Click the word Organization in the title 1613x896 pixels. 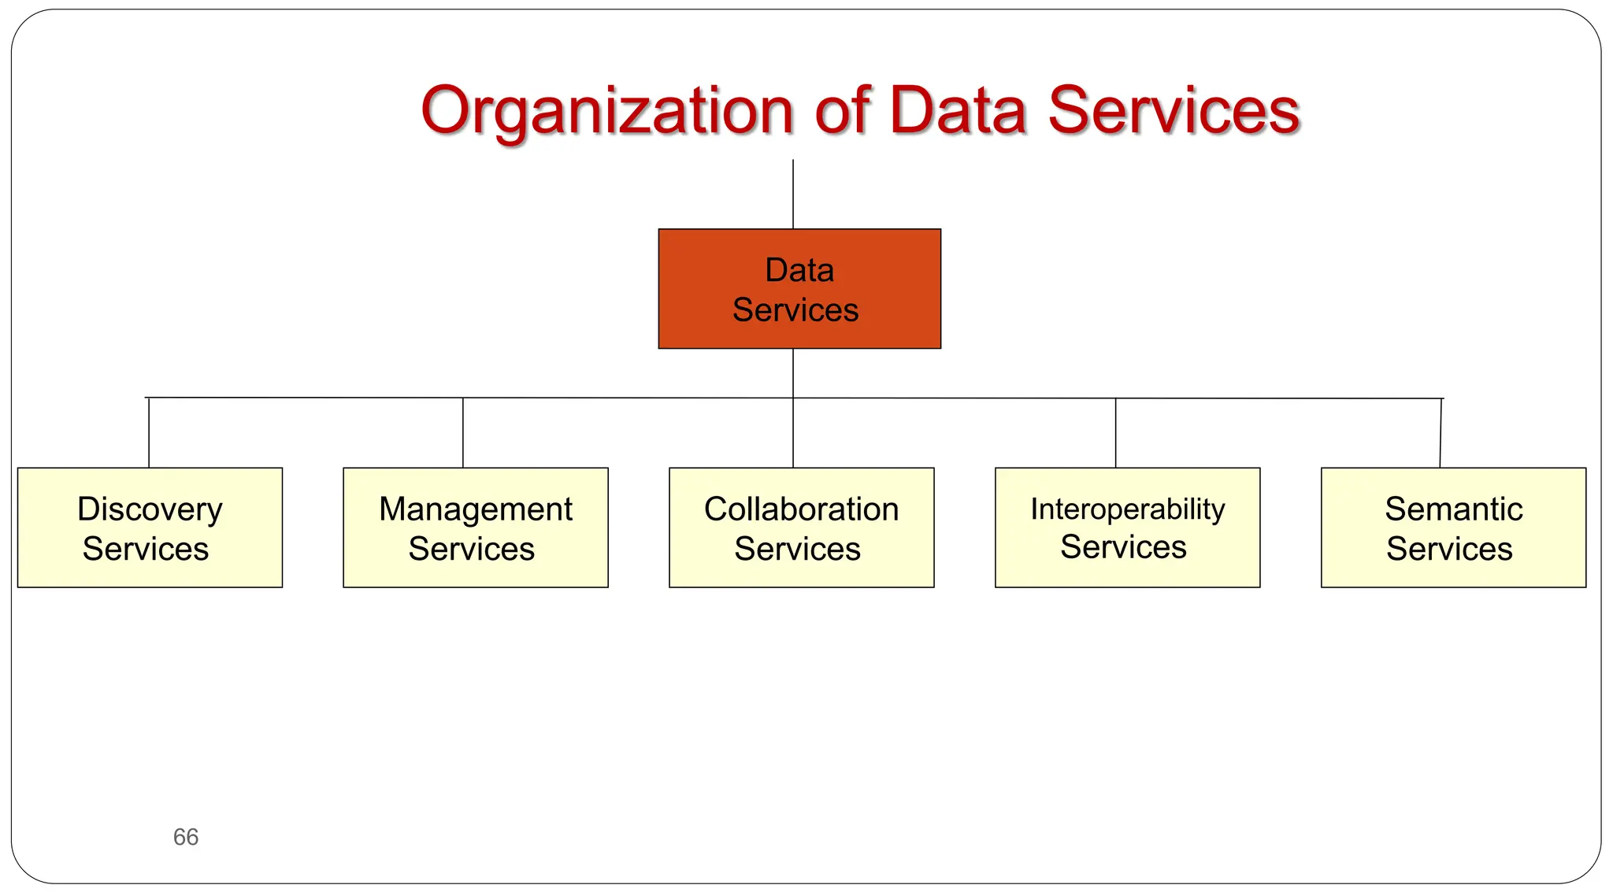(606, 111)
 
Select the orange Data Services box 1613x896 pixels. (799, 289)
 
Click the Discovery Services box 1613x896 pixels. (150, 528)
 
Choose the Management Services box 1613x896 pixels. (476, 528)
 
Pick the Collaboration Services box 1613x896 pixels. (801, 528)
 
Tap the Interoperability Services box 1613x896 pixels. (1127, 528)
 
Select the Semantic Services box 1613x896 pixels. (1453, 528)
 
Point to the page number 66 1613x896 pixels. (186, 836)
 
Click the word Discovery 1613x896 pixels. (150, 509)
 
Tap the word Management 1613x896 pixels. (476, 509)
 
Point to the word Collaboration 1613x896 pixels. (801, 509)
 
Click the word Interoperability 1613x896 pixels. (1127, 509)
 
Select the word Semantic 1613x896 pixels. (1453, 509)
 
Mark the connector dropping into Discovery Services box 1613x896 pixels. (149, 433)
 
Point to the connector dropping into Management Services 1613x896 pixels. (463, 433)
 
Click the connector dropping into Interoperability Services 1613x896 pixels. (1116, 433)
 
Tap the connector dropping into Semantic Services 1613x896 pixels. (1441, 433)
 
